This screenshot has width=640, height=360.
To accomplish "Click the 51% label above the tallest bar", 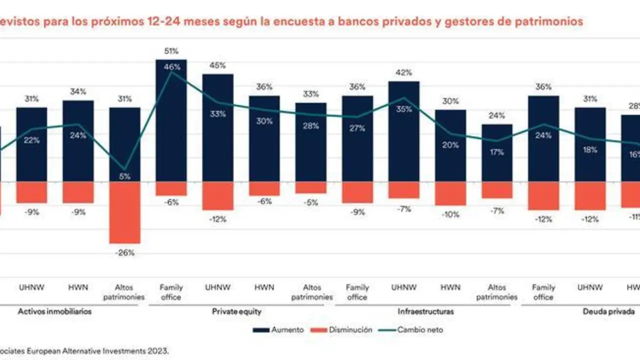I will (171, 50).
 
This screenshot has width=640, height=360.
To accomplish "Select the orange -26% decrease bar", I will (124, 212).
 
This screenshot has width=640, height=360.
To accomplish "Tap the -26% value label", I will (124, 253).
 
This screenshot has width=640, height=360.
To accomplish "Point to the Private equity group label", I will (236, 311).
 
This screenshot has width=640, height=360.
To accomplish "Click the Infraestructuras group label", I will (426, 311).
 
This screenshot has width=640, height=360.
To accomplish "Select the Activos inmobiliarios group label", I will (54, 311).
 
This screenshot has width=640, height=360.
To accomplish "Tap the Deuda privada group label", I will (608, 311).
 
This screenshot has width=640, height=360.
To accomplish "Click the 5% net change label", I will (124, 176).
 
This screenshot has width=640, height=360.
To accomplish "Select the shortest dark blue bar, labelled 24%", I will (496, 152).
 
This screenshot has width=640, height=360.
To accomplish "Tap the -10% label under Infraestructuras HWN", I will (450, 214).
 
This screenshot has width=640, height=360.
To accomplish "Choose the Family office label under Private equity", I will (171, 292).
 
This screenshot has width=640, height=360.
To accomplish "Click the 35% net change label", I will (403, 109).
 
